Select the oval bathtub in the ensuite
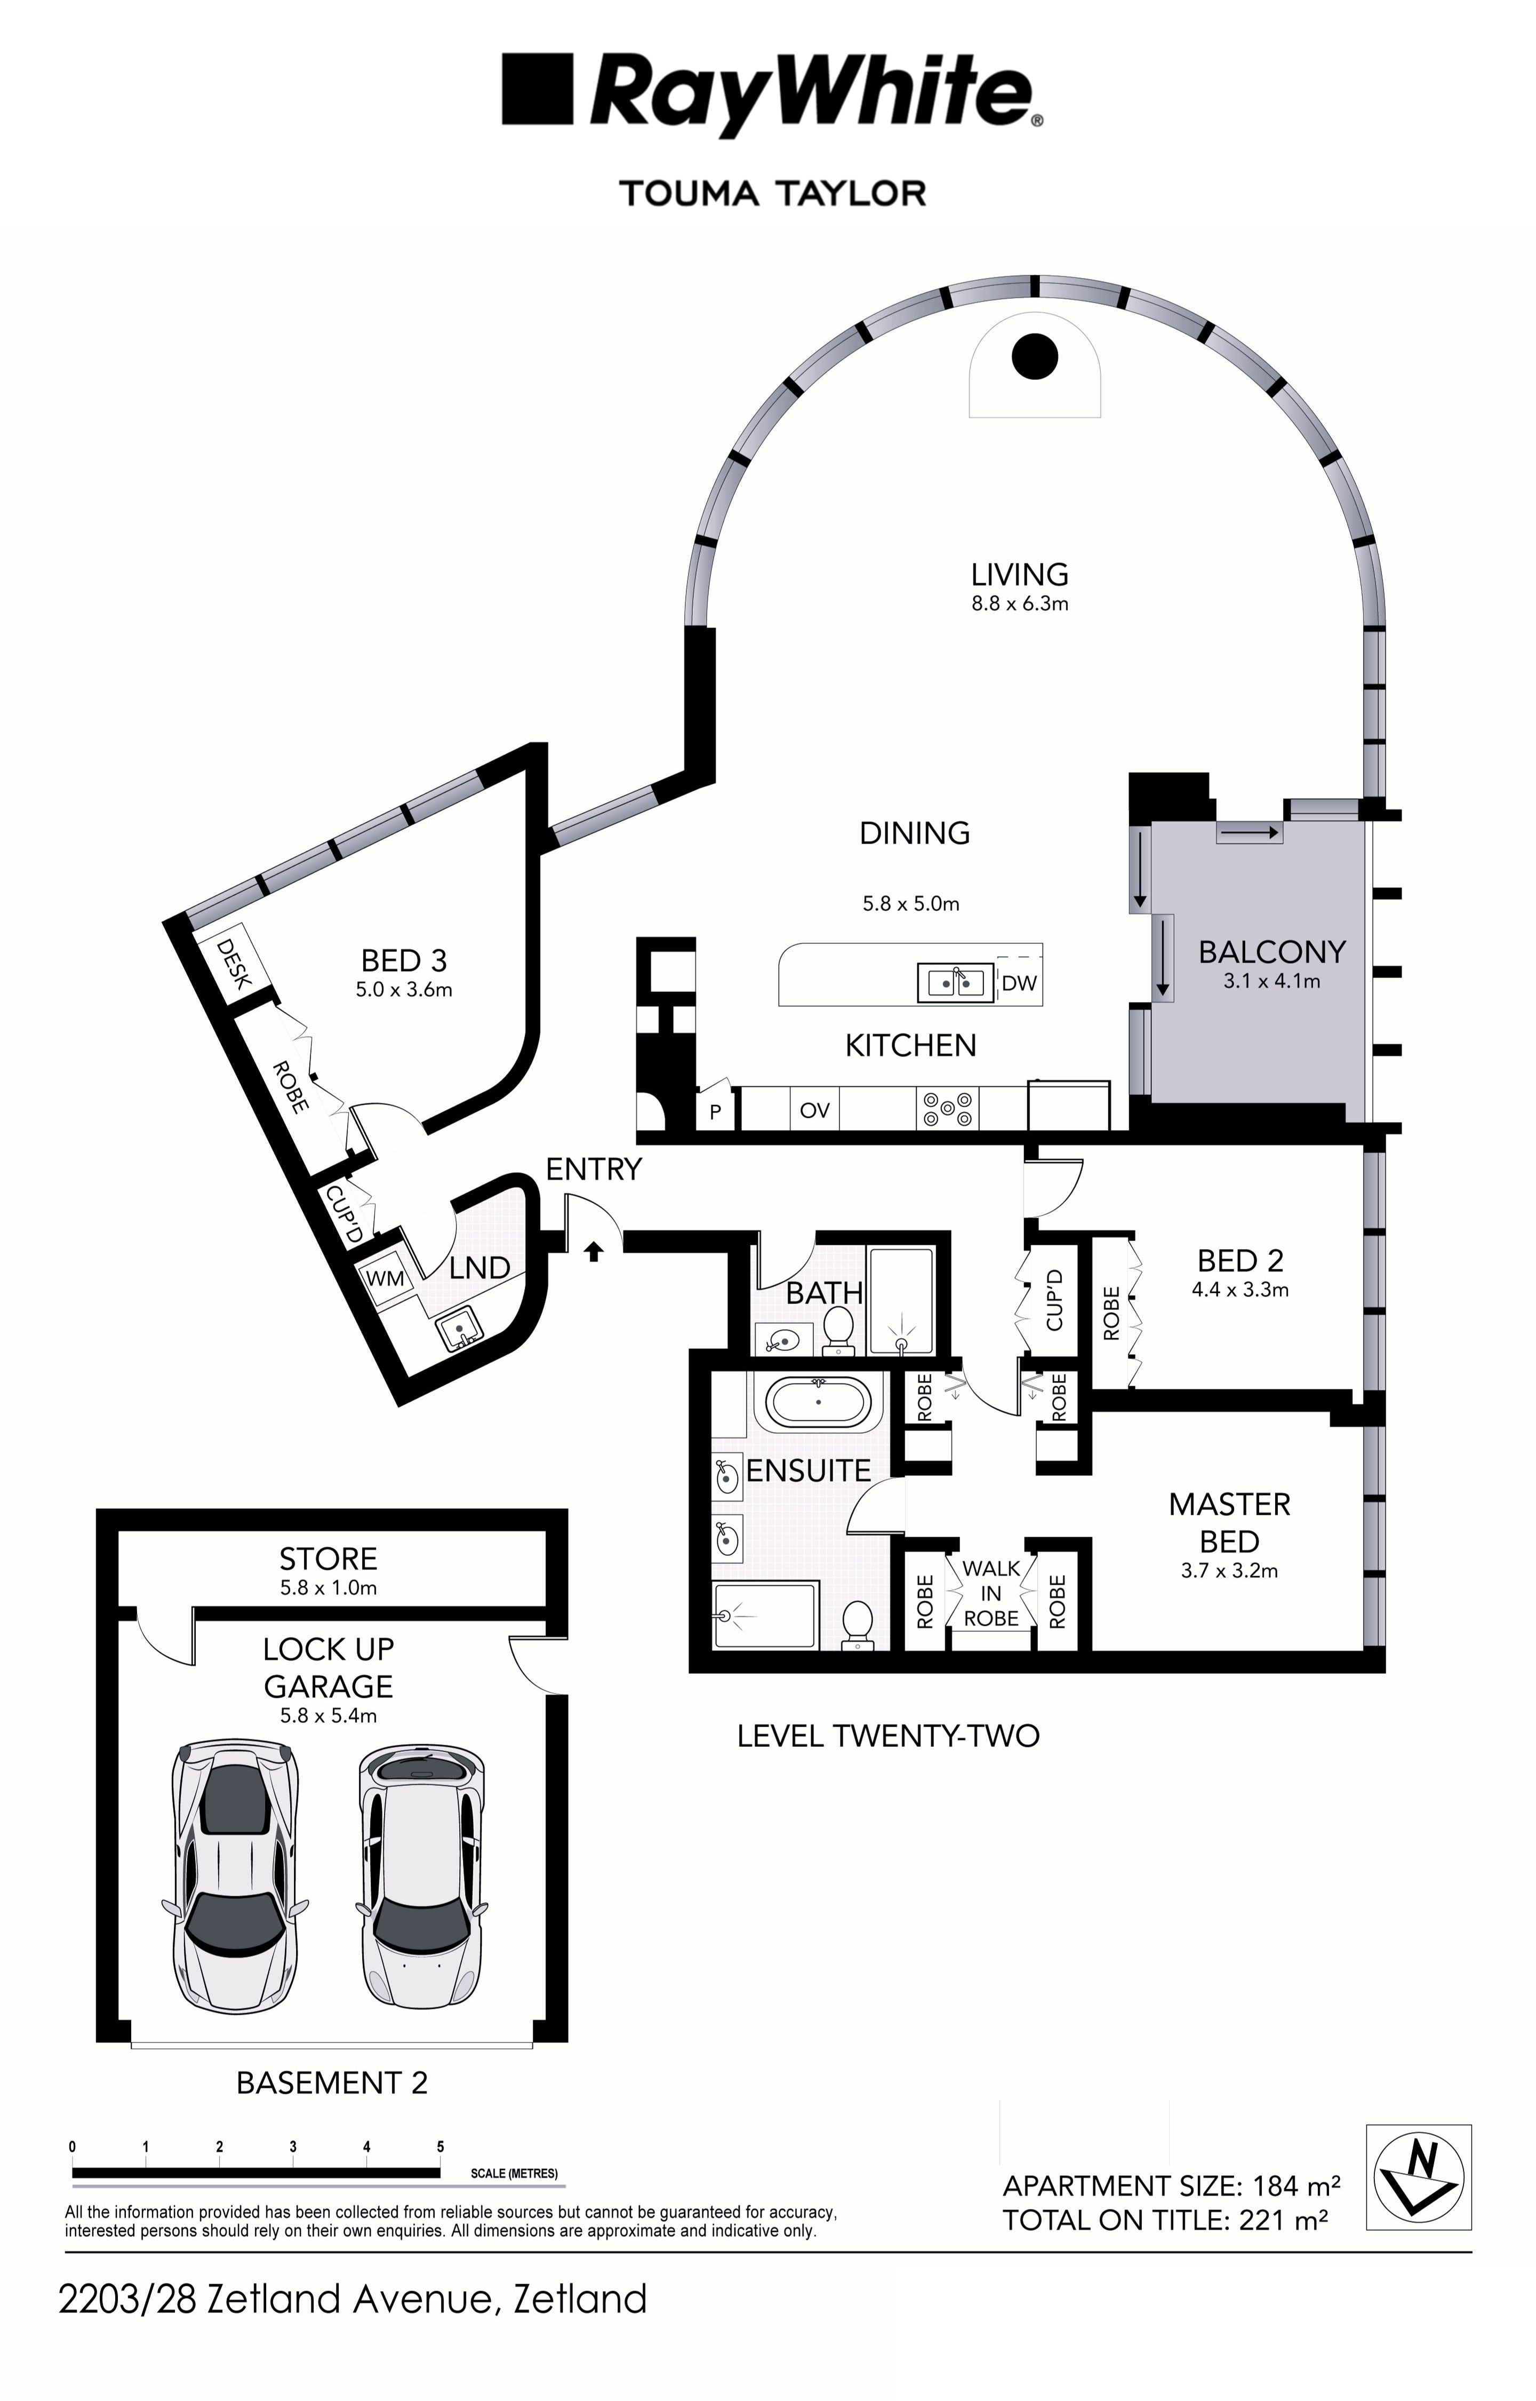(819, 1403)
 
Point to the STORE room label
(328, 1558)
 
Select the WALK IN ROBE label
(990, 1593)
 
